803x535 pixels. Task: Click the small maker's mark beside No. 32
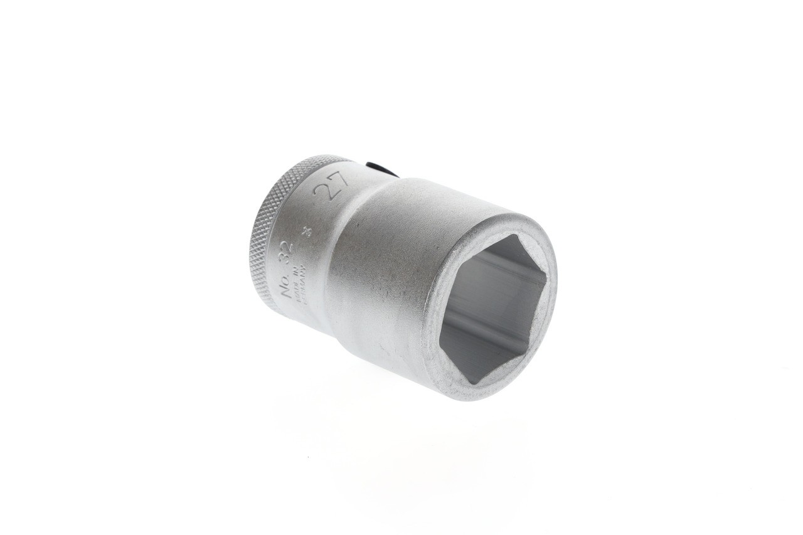pos(307,231)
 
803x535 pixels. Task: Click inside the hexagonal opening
pos(492,307)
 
